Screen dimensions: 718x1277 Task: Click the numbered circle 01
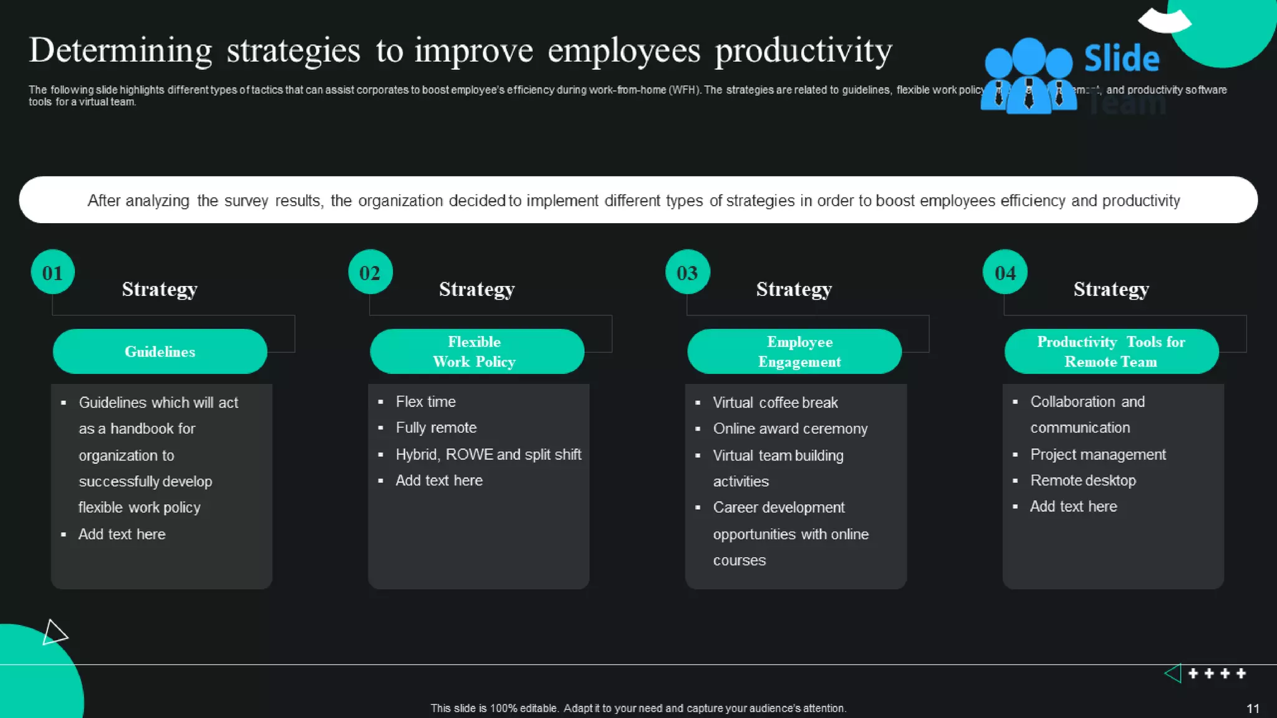click(x=52, y=272)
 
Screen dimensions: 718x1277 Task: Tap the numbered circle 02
click(x=370, y=272)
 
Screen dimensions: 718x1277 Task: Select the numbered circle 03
click(x=687, y=272)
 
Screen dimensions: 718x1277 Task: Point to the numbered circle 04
click(x=1005, y=272)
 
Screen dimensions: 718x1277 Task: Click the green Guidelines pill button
click(x=160, y=352)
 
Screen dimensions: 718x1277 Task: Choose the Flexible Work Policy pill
click(x=476, y=352)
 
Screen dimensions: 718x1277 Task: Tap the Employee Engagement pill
click(x=794, y=352)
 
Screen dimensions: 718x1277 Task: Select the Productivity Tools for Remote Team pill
click(x=1111, y=352)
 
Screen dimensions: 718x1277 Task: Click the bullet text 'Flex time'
click(x=426, y=402)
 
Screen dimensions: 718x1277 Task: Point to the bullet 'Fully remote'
click(x=436, y=428)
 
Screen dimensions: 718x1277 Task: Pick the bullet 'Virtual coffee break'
click(x=775, y=403)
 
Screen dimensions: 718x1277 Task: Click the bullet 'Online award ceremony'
click(x=790, y=429)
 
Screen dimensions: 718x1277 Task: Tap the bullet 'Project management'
click(x=1097, y=455)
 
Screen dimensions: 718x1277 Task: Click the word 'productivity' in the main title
click(x=803, y=51)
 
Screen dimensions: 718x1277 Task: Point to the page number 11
click(x=1253, y=709)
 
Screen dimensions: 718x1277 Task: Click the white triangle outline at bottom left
click(x=54, y=633)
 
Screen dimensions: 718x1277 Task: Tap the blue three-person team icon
click(x=1028, y=77)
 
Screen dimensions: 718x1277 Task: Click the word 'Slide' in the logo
click(x=1121, y=59)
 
